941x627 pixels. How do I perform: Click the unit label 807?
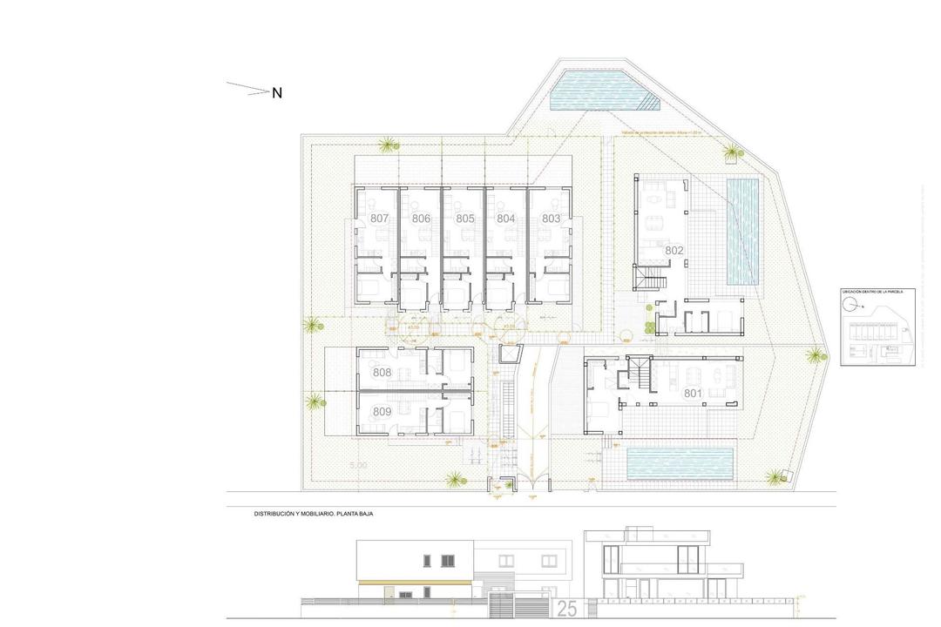(x=379, y=219)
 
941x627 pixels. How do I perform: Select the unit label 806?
(x=422, y=219)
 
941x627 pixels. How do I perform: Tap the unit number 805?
(x=464, y=219)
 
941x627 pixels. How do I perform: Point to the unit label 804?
(x=506, y=219)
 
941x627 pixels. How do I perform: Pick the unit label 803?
(x=551, y=219)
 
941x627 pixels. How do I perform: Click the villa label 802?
(x=674, y=251)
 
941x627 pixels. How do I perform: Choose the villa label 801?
(x=693, y=394)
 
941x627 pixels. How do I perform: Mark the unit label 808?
(x=382, y=373)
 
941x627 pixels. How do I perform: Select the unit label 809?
(x=382, y=411)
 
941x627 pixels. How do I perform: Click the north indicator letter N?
(x=277, y=93)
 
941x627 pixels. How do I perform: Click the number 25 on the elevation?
(x=566, y=609)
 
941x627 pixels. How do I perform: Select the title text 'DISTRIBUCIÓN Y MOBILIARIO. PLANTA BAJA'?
(x=314, y=515)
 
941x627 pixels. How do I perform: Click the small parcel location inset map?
(x=878, y=327)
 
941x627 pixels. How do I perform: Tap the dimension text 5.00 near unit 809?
(x=358, y=466)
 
